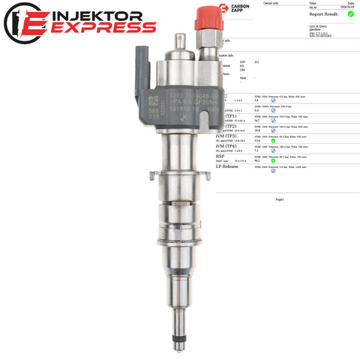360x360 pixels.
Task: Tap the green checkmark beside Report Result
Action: tap(351, 13)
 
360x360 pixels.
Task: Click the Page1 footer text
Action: tap(279, 199)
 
